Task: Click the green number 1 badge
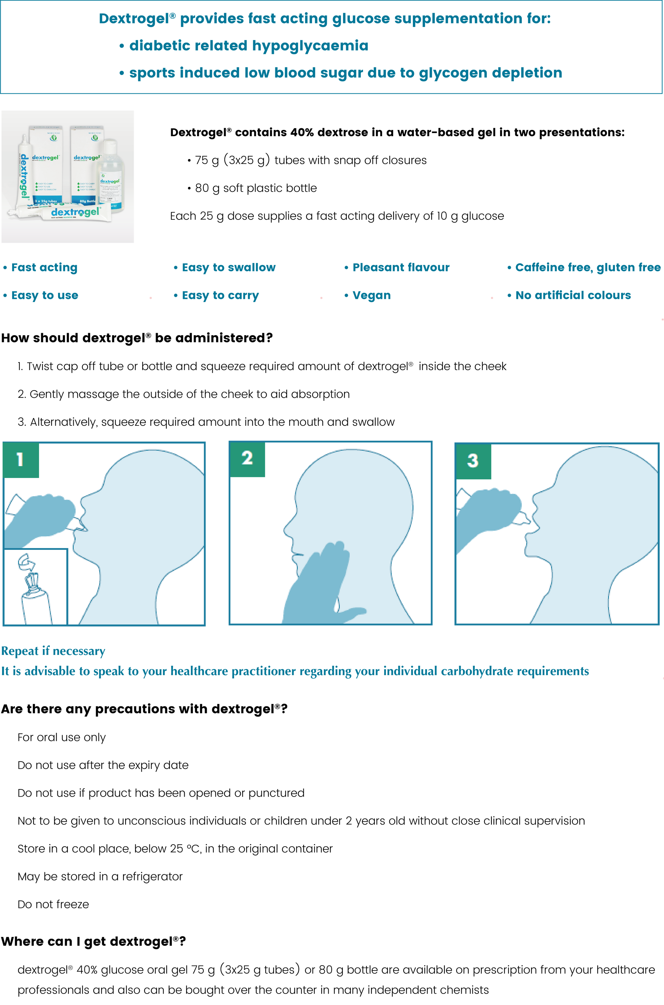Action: pyautogui.click(x=21, y=460)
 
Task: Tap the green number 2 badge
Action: pyautogui.click(x=247, y=459)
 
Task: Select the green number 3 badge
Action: pyautogui.click(x=473, y=461)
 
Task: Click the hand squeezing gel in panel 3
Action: pyautogui.click(x=491, y=514)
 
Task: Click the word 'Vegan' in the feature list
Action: pyautogui.click(x=371, y=295)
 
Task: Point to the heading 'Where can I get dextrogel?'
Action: pyautogui.click(x=94, y=941)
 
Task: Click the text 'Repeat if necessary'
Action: pyautogui.click(x=53, y=651)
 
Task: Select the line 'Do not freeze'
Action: pyautogui.click(x=53, y=904)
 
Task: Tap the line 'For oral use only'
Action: pyautogui.click(x=62, y=738)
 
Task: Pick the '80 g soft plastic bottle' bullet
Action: pyautogui.click(x=252, y=188)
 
